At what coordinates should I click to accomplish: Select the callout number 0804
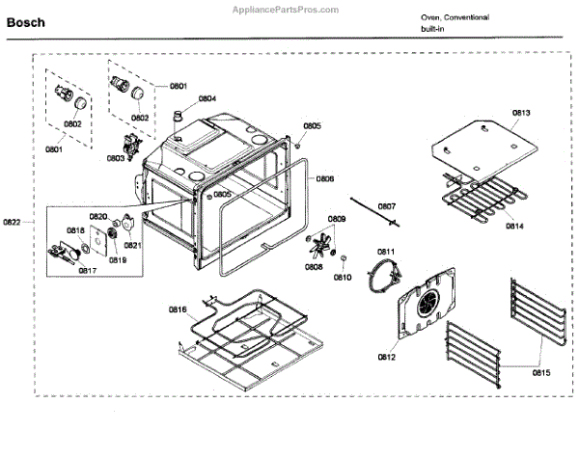click(207, 98)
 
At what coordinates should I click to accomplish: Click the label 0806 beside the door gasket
click(325, 178)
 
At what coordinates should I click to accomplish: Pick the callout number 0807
click(386, 206)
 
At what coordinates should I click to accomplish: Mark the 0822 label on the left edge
click(12, 223)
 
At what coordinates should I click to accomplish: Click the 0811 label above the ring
click(386, 253)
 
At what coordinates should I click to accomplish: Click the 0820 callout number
click(98, 217)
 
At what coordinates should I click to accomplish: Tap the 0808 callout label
click(315, 266)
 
